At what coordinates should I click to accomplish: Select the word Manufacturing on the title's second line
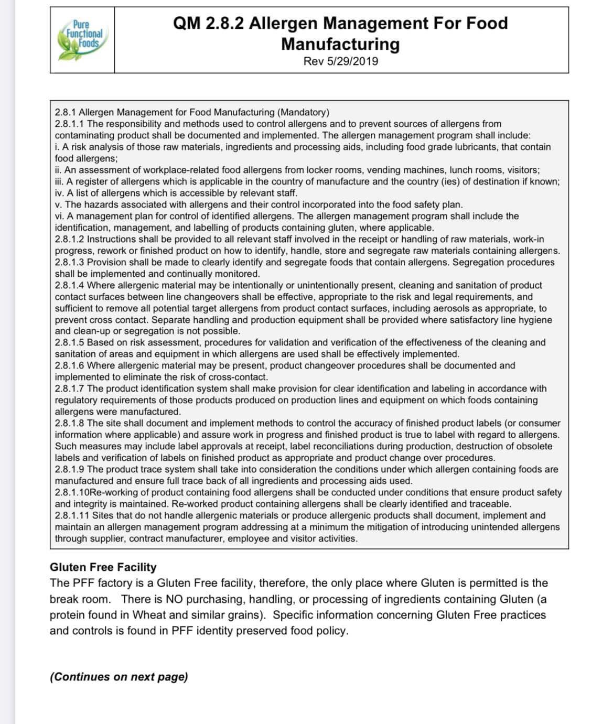pos(340,44)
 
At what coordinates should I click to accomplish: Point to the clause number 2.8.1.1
pos(70,124)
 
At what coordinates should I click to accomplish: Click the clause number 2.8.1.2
pos(70,239)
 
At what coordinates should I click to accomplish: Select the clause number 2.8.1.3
pos(70,262)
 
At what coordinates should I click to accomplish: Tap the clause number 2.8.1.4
pos(70,285)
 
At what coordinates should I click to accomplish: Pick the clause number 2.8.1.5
pos(70,342)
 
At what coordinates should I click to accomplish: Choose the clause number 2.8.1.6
pos(70,365)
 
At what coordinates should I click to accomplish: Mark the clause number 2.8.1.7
pos(70,388)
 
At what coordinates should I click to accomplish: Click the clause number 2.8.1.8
pos(70,423)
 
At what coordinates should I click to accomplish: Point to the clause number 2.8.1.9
pos(70,469)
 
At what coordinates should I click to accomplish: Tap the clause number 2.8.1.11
pos(72,515)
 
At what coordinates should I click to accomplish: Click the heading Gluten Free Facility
pos(103,567)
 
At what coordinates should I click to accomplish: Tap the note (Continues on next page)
pos(119,677)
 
